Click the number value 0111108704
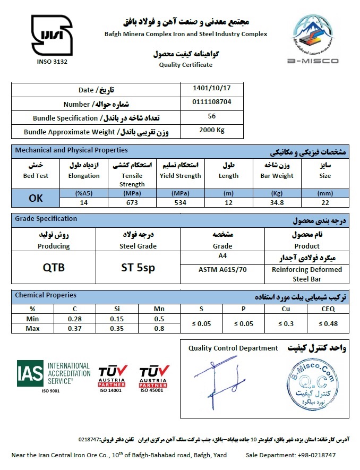pos(212,102)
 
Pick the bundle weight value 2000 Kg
pos(212,130)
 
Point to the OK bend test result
pos(36,198)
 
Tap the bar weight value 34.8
pos(277,202)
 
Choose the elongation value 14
pos(84,202)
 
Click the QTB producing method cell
pos(54,268)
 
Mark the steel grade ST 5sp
pos(138,268)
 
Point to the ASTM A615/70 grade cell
pos(222,269)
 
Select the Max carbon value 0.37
pos(74,328)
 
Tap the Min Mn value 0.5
pos(159,319)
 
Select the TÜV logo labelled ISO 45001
pos(153,377)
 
